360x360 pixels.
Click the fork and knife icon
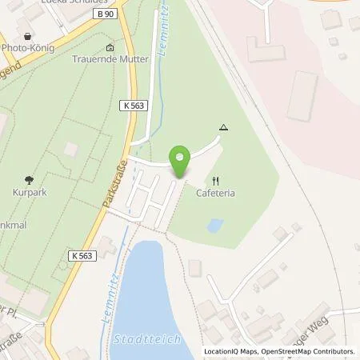click(x=215, y=181)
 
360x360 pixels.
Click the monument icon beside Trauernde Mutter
click(x=110, y=47)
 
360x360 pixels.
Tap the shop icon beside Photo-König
click(x=30, y=36)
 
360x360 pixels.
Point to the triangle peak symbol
click(x=223, y=127)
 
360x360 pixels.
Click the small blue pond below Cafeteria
click(x=215, y=226)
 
